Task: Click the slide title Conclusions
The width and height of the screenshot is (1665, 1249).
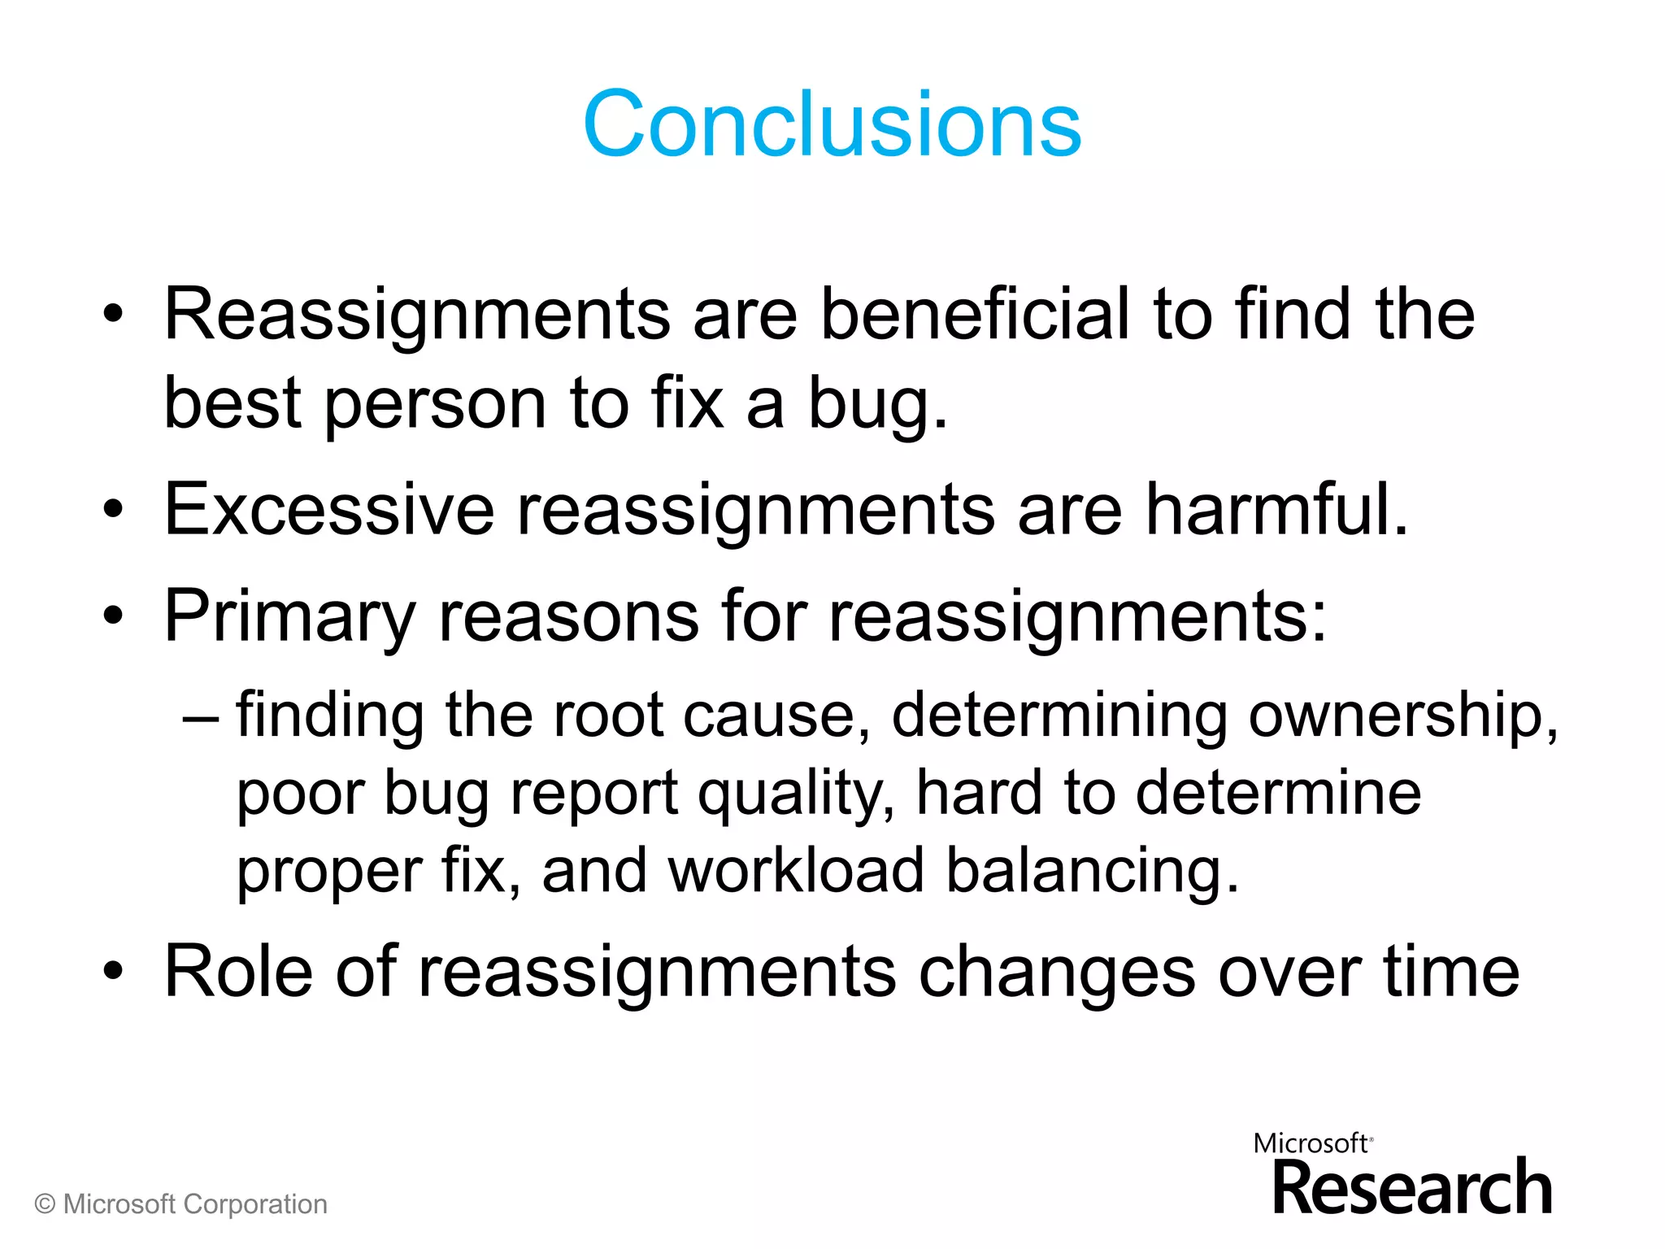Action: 832,124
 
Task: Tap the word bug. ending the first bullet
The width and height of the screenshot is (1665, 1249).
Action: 877,404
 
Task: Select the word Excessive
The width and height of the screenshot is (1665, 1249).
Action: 329,510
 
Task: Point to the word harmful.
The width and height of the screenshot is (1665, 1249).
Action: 1276,510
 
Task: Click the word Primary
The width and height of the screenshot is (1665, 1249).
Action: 289,616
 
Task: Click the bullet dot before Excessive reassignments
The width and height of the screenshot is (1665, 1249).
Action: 113,511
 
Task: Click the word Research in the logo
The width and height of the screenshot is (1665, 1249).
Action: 1412,1189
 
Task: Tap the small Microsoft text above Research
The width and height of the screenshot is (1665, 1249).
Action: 1311,1144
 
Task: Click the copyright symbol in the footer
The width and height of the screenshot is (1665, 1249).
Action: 46,1205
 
